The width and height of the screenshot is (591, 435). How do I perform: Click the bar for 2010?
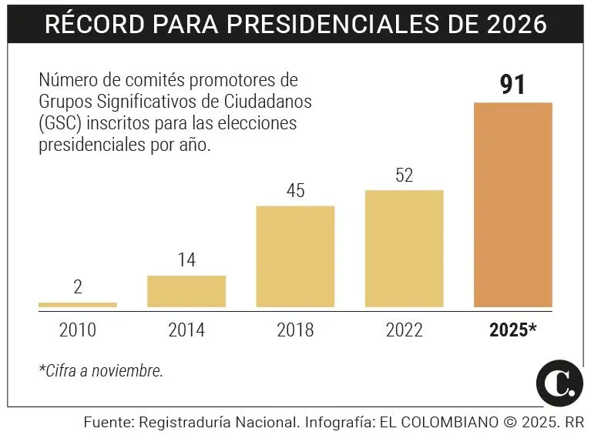(x=78, y=305)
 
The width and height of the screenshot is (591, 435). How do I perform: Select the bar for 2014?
(x=186, y=291)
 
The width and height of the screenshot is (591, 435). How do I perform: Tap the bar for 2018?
(x=295, y=256)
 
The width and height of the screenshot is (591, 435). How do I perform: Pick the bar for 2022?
(x=404, y=248)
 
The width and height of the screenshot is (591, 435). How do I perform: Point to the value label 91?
(x=513, y=85)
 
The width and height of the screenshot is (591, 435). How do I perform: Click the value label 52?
(x=404, y=175)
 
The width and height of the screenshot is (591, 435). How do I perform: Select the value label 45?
(x=295, y=191)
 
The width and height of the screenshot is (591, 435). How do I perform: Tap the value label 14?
(x=186, y=260)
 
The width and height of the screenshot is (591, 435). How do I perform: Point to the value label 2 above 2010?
(x=78, y=288)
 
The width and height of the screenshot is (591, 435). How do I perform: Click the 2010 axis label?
(x=78, y=330)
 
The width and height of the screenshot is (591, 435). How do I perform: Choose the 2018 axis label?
(x=295, y=330)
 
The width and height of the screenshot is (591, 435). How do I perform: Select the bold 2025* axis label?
(x=513, y=330)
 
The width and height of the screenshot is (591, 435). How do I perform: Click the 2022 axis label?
(x=404, y=330)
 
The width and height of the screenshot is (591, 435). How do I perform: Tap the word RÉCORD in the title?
(x=87, y=24)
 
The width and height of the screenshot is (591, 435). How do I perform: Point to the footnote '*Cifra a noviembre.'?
(x=101, y=370)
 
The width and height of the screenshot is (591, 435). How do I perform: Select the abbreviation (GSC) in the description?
(x=62, y=124)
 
